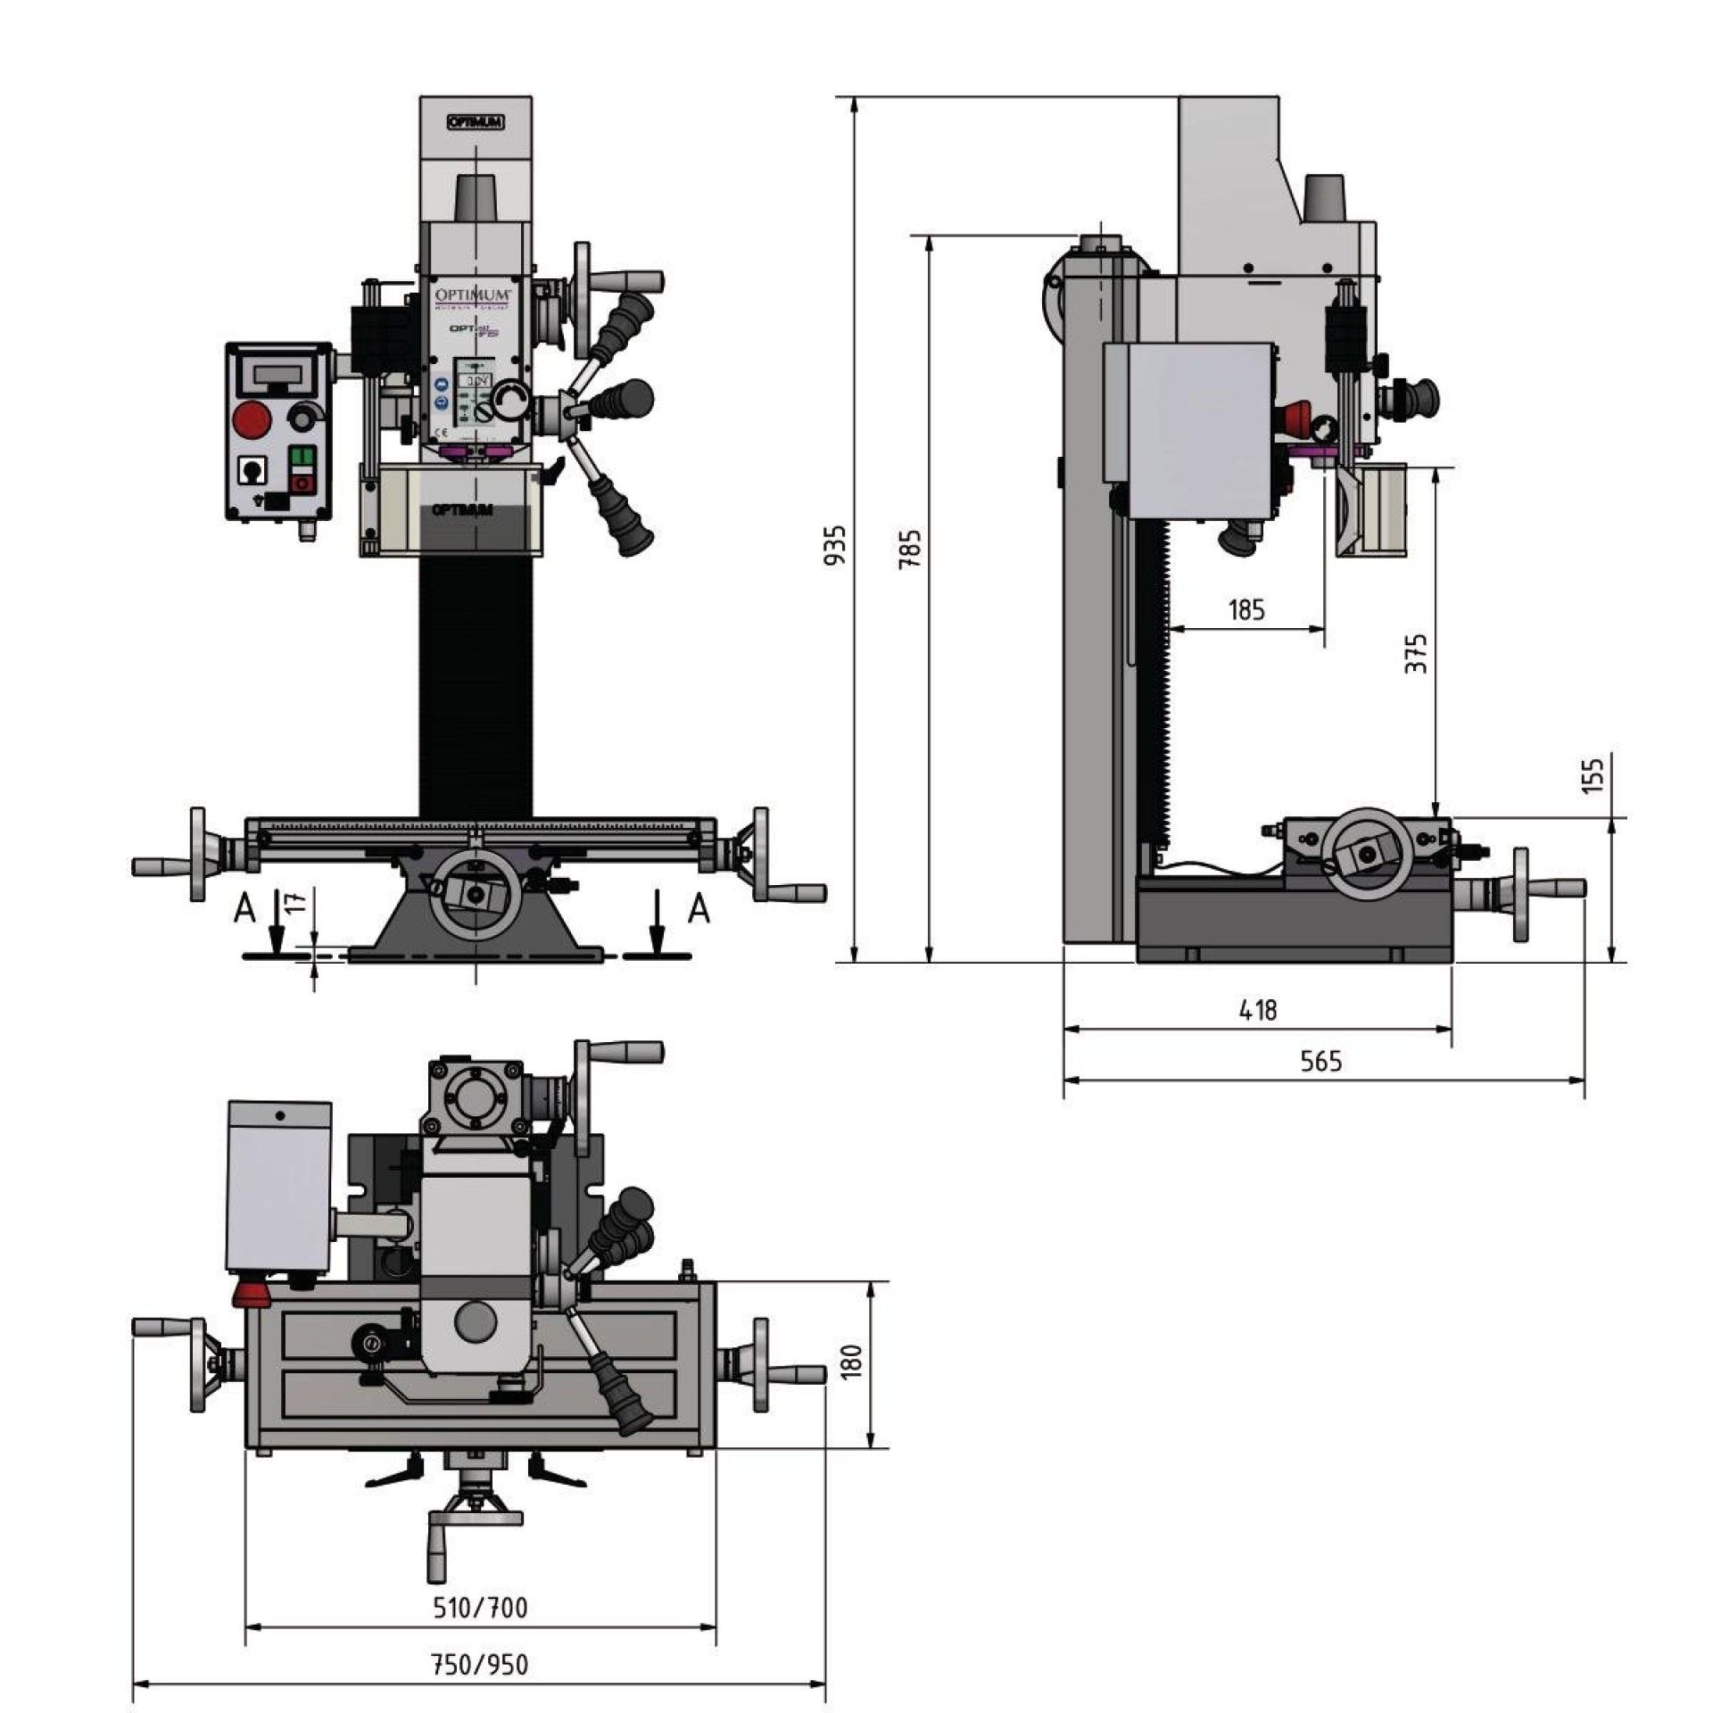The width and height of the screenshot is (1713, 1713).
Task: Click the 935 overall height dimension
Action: pyautogui.click(x=835, y=545)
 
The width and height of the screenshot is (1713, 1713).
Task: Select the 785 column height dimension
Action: pyautogui.click(x=909, y=548)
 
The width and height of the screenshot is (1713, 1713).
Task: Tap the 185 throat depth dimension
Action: pyautogui.click(x=1246, y=610)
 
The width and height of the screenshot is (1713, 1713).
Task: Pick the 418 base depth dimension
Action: pyautogui.click(x=1258, y=1010)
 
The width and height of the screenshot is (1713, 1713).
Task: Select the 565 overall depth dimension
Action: pyautogui.click(x=1320, y=1062)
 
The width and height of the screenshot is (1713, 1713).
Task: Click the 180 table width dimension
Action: pyautogui.click(x=851, y=1362)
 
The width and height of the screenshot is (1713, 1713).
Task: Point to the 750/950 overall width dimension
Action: pyautogui.click(x=479, y=1665)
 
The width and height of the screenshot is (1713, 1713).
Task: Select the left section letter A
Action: pyautogui.click(x=244, y=910)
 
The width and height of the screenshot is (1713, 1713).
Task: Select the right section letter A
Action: pyautogui.click(x=700, y=910)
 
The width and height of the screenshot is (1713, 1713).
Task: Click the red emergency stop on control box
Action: pyautogui.click(x=252, y=419)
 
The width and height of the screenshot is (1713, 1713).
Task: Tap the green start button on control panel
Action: pyautogui.click(x=303, y=459)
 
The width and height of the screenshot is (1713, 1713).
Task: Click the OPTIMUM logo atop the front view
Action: pyautogui.click(x=475, y=122)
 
